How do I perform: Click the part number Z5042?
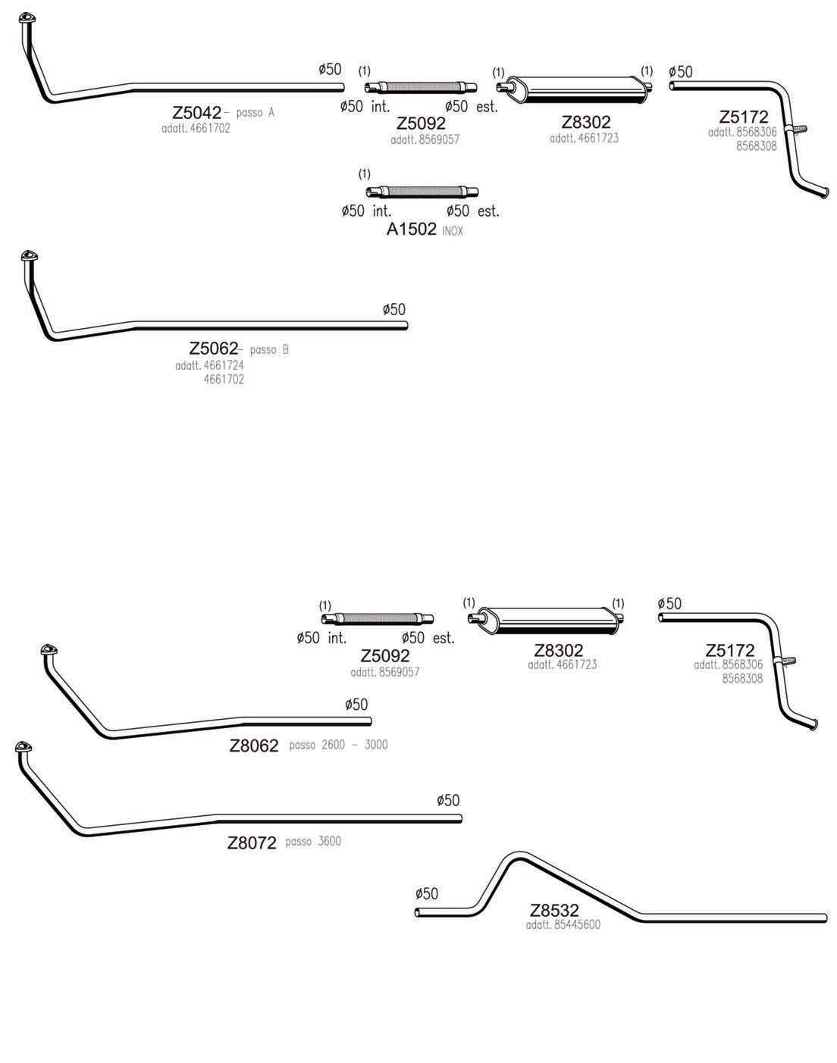click(x=196, y=113)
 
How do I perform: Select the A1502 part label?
click(x=412, y=230)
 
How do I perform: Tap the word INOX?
click(x=453, y=231)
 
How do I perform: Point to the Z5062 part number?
click(x=214, y=349)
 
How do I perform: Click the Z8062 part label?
click(x=254, y=746)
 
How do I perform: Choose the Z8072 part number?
click(x=252, y=843)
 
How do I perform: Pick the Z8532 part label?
click(x=554, y=910)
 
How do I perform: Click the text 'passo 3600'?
click(x=313, y=841)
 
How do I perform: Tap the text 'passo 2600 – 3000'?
click(x=338, y=745)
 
